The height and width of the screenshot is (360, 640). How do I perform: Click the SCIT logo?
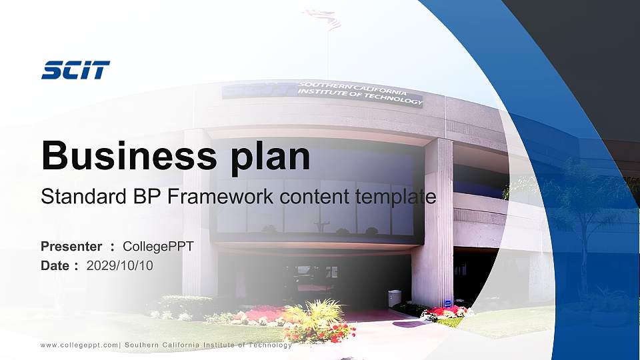[x=75, y=70]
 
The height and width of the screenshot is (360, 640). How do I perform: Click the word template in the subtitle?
[x=396, y=197]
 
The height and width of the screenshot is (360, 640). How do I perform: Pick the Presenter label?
[x=71, y=247]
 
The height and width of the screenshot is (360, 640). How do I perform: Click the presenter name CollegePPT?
[x=159, y=247]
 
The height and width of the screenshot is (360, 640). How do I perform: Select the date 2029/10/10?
[x=120, y=265]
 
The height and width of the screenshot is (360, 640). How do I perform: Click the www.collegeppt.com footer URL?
[x=79, y=345]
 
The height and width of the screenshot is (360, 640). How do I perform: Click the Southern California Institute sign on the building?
[x=360, y=93]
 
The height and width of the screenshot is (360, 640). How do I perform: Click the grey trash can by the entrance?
[x=395, y=298]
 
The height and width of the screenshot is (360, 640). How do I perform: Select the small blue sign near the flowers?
[x=448, y=303]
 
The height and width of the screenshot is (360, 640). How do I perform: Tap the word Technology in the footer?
[x=269, y=345]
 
